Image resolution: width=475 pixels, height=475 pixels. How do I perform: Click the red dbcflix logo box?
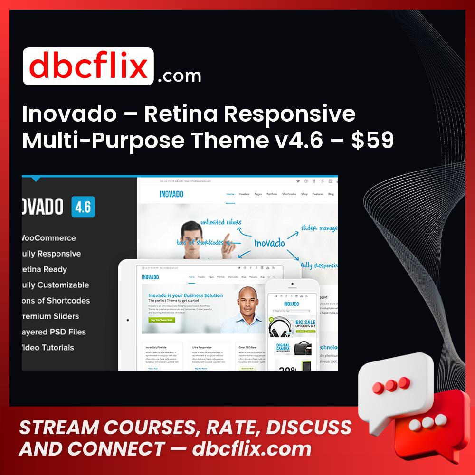pos(88,66)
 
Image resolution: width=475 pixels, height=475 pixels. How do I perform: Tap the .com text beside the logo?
pos(179,76)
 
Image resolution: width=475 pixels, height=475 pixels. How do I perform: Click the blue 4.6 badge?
pos(83,207)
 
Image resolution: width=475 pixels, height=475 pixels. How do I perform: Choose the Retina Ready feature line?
pos(44,269)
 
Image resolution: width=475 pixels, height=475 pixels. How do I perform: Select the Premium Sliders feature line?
pos(50,316)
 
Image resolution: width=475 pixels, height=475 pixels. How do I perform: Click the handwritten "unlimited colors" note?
pos(220,222)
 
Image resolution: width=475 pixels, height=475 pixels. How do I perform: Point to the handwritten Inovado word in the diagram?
pos(269,243)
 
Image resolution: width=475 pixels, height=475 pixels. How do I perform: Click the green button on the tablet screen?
pos(162,320)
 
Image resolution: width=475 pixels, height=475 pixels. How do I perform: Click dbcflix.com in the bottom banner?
pos(252,449)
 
